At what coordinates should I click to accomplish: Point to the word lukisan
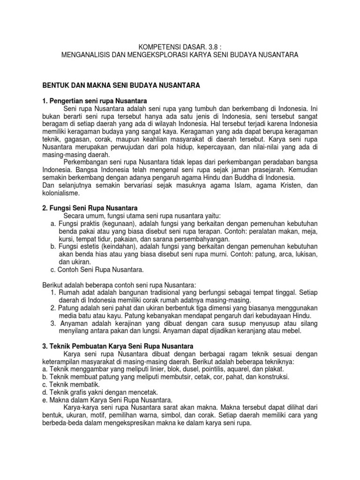[304, 254]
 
